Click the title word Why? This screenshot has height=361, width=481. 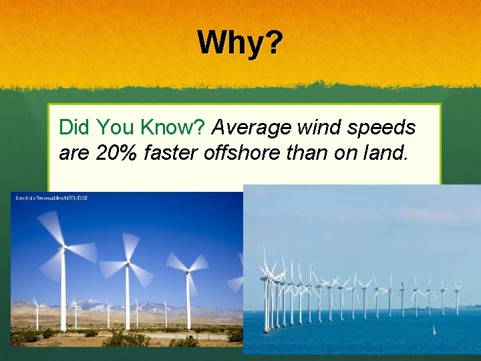[240, 43]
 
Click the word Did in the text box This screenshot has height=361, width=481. [75, 127]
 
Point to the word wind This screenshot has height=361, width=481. [319, 127]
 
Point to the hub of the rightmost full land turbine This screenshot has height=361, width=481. [188, 271]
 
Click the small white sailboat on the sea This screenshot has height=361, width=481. [436, 330]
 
